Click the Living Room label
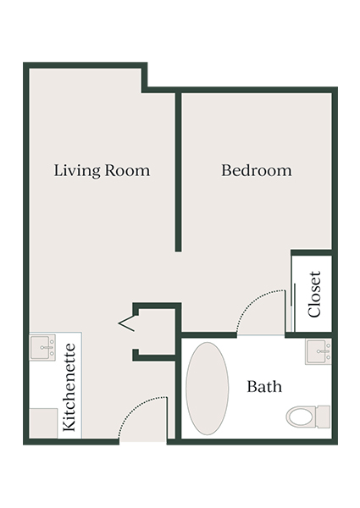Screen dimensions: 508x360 click(x=102, y=170)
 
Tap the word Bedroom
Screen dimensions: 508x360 click(x=256, y=170)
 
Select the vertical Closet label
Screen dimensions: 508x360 click(x=315, y=294)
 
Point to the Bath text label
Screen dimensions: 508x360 click(x=264, y=387)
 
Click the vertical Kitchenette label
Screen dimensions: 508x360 click(x=71, y=388)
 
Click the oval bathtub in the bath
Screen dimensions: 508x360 click(x=207, y=388)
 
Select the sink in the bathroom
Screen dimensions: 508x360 click(x=318, y=351)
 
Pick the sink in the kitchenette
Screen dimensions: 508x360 click(x=42, y=347)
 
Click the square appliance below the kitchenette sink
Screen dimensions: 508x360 click(x=42, y=421)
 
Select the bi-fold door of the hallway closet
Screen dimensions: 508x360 click(x=126, y=322)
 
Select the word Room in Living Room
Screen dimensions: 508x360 click(x=128, y=170)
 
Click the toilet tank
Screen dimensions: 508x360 click(x=322, y=417)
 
